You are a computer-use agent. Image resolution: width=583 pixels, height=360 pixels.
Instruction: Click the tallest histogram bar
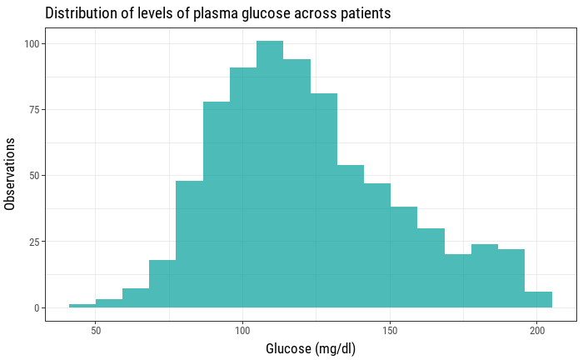point(270,175)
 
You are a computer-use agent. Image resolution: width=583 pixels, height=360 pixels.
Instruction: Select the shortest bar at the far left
point(82,306)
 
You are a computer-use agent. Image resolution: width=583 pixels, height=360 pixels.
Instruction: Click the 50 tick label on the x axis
point(96,329)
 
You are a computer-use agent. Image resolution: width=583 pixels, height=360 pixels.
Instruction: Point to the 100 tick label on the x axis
point(242,329)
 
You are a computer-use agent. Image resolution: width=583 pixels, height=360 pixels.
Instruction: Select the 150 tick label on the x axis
point(389,329)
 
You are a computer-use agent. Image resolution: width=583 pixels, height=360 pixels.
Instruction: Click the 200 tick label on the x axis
point(536,329)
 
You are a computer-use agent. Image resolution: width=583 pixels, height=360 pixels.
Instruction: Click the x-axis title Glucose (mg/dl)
point(311,348)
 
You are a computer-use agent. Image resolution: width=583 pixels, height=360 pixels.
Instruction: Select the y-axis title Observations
point(11,175)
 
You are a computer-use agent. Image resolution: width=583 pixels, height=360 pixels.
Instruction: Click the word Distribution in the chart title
point(82,14)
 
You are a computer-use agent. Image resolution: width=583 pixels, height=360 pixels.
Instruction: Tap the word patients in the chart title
point(363,14)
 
